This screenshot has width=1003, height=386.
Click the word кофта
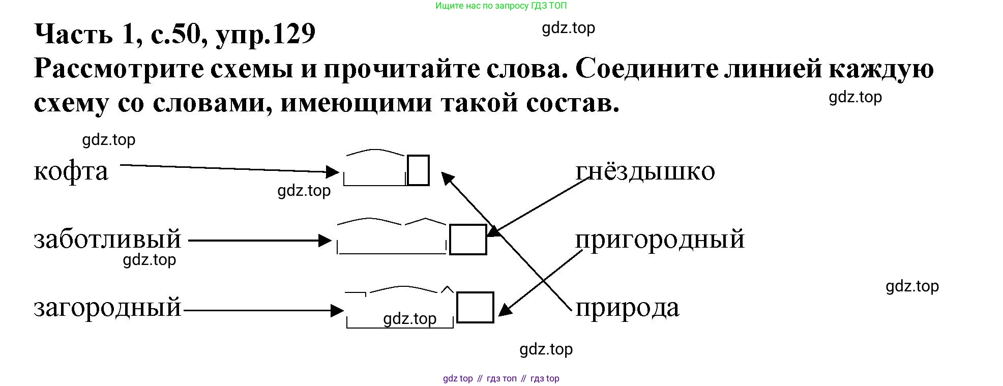[71, 172]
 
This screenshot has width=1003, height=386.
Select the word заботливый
[107, 240]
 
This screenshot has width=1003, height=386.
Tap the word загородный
[107, 308]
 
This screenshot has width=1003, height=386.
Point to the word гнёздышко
[645, 171]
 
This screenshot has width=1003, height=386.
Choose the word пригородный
[660, 240]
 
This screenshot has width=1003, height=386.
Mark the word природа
[627, 308]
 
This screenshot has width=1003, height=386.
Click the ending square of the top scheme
[419, 170]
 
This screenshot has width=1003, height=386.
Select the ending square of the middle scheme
[468, 239]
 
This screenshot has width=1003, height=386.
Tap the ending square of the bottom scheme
[475, 307]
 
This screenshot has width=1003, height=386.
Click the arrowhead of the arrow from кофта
[334, 172]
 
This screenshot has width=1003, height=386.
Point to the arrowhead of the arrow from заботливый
[326, 240]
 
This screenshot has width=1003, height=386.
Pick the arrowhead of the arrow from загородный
[338, 310]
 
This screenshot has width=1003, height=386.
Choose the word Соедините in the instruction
[646, 69]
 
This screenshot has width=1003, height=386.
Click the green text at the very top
[500, 6]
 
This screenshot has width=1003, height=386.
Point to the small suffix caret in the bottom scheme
[447, 290]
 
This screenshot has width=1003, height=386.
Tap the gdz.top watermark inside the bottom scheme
[409, 319]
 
